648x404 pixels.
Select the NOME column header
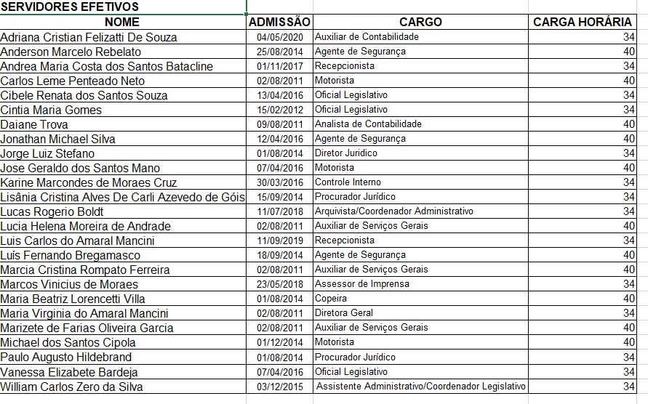click(x=122, y=23)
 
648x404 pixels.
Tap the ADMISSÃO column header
click(x=280, y=23)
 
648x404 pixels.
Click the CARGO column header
click(x=420, y=23)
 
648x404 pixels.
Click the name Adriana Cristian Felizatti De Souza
click(x=89, y=37)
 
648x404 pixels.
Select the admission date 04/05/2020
click(x=280, y=37)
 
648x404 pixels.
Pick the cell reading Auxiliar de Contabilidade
click(x=367, y=36)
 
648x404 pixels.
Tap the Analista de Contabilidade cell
click(x=368, y=124)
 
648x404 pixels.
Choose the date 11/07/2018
click(x=280, y=211)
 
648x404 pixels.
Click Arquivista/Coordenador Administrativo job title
click(x=393, y=211)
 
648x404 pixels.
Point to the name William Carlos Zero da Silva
click(x=71, y=387)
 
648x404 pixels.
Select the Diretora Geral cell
click(x=344, y=312)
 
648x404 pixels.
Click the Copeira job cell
click(x=331, y=298)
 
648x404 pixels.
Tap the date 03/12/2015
click(x=280, y=387)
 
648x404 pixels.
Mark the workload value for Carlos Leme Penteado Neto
click(x=629, y=81)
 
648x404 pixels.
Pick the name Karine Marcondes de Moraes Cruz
click(x=89, y=182)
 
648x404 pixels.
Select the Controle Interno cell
click(x=348, y=182)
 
